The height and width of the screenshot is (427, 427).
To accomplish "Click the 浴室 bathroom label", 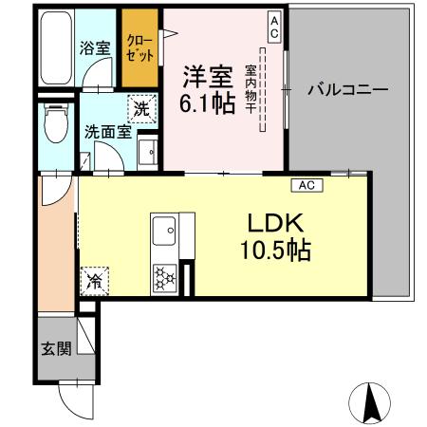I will pos(94,46).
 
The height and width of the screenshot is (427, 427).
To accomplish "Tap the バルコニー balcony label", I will pos(347,91).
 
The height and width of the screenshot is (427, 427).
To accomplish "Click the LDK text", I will pos(275,224).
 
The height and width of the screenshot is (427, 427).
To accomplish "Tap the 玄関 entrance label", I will pos(56,348).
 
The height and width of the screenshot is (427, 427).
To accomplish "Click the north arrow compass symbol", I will pos(371,406).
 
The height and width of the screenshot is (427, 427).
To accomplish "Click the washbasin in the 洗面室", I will pos(148,153).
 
